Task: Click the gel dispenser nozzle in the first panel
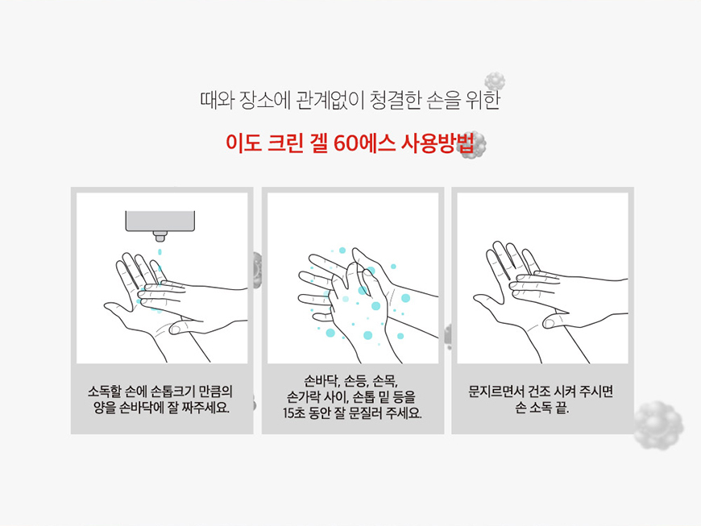160,236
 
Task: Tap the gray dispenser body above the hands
160,221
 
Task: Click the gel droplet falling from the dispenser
160,252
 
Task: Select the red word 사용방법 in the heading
437,143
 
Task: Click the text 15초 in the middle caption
293,412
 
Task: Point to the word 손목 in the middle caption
385,381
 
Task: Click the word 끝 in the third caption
562,408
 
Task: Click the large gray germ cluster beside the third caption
658,425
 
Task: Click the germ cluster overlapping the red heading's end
474,145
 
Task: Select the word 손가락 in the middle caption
303,396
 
